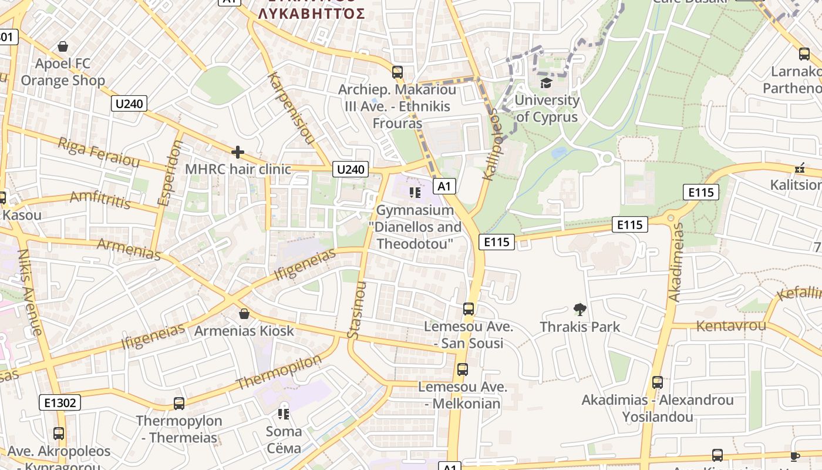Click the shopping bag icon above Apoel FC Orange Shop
(x=63, y=46)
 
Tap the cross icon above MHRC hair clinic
(x=238, y=153)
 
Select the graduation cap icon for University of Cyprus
(x=546, y=83)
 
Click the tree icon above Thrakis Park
(x=580, y=309)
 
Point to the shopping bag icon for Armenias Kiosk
(x=244, y=314)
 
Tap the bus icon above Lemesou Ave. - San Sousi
(x=468, y=308)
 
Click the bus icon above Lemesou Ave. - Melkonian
(x=463, y=370)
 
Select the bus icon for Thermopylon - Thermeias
(x=179, y=404)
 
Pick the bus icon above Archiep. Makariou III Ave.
(x=397, y=72)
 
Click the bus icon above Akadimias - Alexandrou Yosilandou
(x=658, y=382)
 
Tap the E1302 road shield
(x=60, y=402)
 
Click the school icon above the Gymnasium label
(x=415, y=193)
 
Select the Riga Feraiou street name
(x=99, y=152)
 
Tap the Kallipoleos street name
(x=490, y=144)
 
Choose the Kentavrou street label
(x=731, y=325)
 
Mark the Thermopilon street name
(x=279, y=372)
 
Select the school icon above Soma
(x=284, y=414)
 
